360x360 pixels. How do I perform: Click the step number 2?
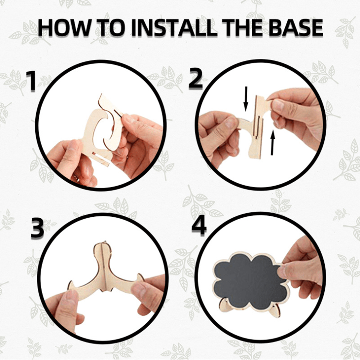195,79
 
